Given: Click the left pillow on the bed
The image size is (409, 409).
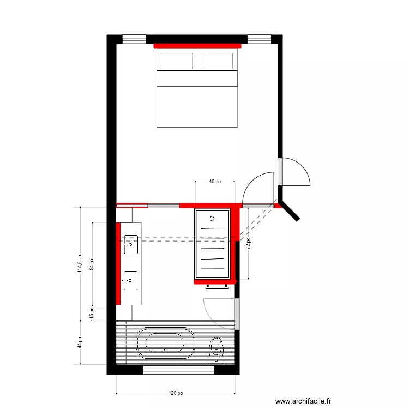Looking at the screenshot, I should (x=175, y=61).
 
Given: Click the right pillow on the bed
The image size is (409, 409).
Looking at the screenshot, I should (x=216, y=61).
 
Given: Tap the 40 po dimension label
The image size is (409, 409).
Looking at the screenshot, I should (x=215, y=182).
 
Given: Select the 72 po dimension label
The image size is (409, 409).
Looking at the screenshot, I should (x=248, y=243).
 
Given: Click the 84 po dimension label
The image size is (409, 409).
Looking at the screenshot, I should (x=92, y=264).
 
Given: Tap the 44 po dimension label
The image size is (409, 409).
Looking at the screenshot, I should (x=80, y=342).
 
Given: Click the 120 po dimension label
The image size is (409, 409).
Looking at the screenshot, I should (x=176, y=393).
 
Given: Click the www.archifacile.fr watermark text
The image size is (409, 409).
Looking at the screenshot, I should (x=303, y=401).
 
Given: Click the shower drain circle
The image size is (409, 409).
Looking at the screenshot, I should (x=212, y=218).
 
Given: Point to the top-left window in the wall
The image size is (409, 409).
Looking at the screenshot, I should (x=134, y=39).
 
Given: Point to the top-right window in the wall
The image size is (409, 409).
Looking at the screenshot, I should (x=259, y=39).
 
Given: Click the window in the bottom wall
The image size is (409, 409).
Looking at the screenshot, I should (x=179, y=370).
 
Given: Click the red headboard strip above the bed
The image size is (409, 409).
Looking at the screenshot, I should (x=197, y=46).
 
